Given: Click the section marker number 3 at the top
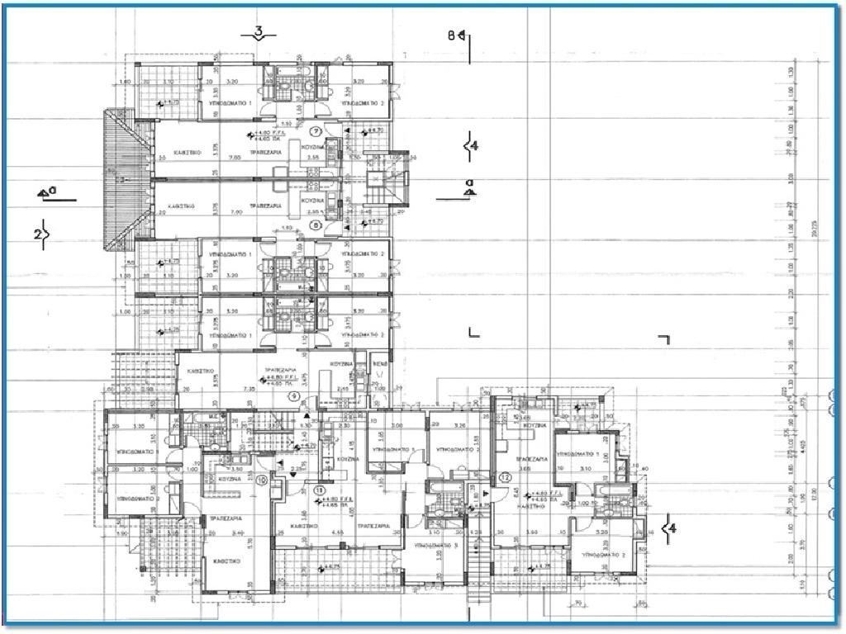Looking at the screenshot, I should coord(259,33).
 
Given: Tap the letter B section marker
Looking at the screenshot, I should coord(452,35).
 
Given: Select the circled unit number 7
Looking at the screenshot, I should coord(315,131).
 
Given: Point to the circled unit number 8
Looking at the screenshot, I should coord(315,224).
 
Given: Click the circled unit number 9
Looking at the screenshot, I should coord(293,396).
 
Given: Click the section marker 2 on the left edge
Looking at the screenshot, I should coord(37,234).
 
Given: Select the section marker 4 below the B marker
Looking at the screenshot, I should coord(473,146).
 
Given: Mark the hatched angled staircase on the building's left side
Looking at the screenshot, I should coord(116,181).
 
